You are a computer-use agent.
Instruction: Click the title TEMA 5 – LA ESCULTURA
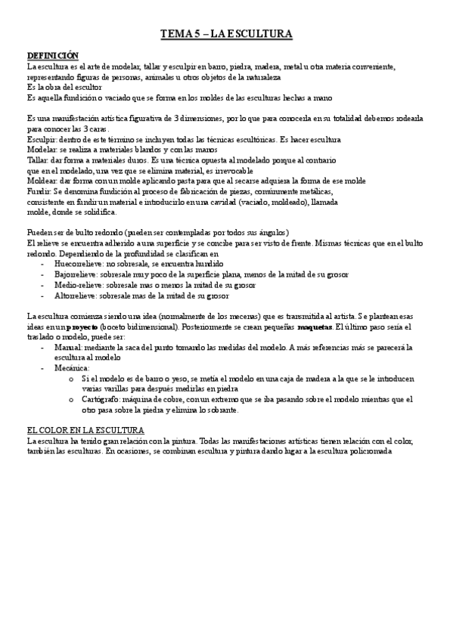226,34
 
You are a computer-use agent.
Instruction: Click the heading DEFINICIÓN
52,56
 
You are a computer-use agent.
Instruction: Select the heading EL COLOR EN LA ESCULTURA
85,429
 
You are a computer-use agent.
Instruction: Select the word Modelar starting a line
42,150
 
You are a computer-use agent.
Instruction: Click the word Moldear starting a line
42,181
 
